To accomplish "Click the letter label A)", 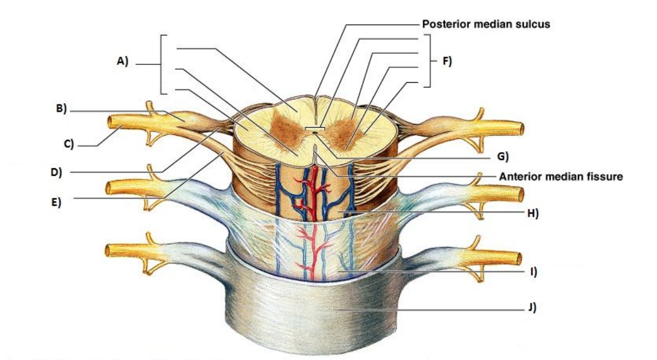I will tap(122, 61).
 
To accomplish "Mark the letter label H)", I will tap(533, 213).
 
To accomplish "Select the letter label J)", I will tap(532, 309).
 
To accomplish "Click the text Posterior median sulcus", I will tap(486, 24).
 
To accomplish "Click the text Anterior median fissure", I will tap(561, 177).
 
